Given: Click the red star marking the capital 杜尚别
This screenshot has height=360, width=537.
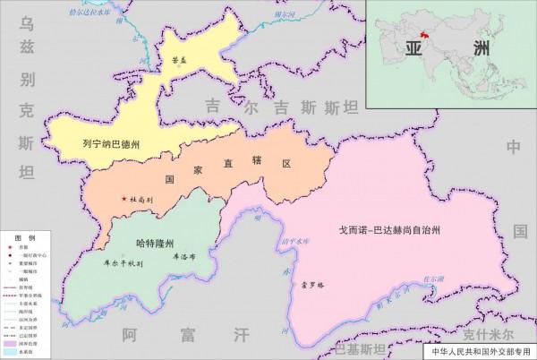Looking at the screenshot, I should point(124,199).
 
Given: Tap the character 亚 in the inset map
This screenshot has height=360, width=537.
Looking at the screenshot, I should point(413,49).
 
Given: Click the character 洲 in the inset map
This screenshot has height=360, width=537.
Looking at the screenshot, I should point(486,49).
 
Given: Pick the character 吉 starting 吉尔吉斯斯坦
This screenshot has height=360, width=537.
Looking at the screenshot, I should point(212,105).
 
